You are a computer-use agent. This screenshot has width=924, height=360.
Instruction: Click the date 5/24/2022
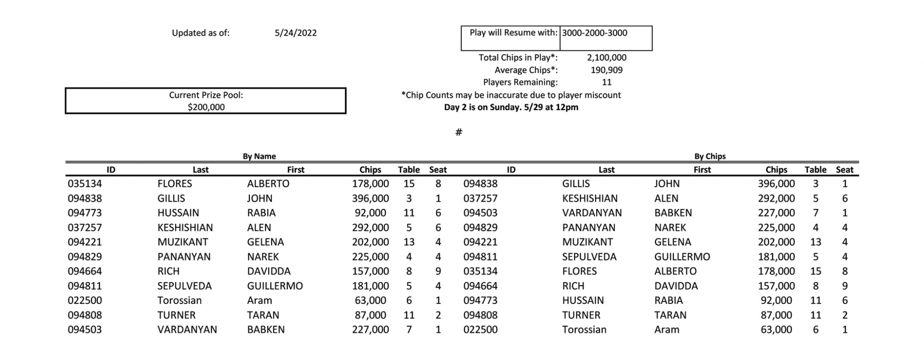296,33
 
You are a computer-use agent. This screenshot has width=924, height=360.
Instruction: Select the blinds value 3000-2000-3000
594,33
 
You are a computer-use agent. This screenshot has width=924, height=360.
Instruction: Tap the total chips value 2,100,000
606,58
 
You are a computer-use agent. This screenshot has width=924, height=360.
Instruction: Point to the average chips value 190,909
606,70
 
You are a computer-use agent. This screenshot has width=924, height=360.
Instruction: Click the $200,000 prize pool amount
206,107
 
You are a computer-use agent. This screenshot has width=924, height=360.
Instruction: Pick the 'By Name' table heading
259,157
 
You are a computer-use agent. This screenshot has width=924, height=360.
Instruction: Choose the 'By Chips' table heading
710,157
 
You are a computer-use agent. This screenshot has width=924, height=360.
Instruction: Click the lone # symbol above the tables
459,132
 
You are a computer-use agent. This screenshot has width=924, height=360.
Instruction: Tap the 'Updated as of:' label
200,33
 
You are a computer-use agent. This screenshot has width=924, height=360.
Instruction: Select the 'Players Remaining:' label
520,82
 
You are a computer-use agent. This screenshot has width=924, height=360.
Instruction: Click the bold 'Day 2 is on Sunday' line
511,107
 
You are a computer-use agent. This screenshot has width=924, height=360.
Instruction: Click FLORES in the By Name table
175,184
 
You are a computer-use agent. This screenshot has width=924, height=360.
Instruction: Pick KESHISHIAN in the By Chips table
590,198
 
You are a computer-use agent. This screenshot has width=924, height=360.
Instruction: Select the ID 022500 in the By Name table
85,300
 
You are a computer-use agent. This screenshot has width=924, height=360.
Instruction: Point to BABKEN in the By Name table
266,330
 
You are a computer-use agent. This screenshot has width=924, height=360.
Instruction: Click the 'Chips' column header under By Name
370,170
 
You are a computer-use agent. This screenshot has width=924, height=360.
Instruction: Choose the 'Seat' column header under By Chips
845,170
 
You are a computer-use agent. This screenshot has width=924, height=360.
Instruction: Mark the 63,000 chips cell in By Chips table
776,330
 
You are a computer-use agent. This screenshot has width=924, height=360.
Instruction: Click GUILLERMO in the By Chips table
682,257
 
